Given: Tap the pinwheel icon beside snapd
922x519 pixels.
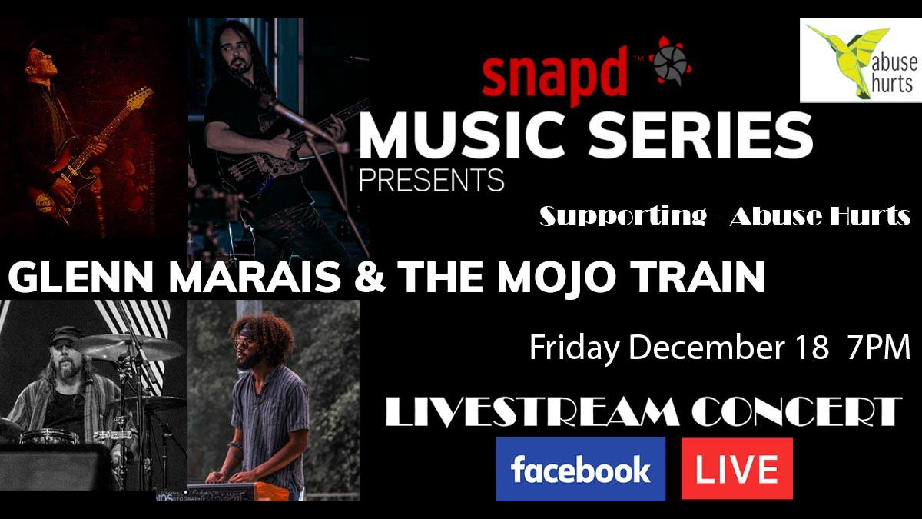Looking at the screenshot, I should tap(668, 61).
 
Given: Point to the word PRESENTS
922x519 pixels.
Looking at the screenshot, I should tap(432, 179).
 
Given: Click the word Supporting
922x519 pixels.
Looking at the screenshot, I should tap(622, 217).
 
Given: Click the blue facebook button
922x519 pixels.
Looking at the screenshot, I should tap(580, 468).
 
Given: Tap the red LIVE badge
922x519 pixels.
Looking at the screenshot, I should tap(737, 468).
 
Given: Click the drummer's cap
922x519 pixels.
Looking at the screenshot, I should tap(65, 333).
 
